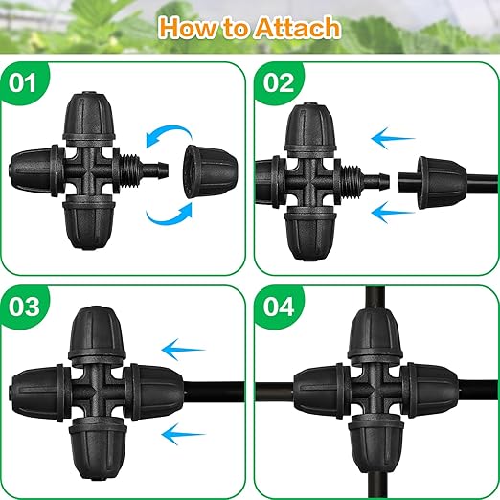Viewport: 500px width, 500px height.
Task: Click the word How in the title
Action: tap(192, 27)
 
